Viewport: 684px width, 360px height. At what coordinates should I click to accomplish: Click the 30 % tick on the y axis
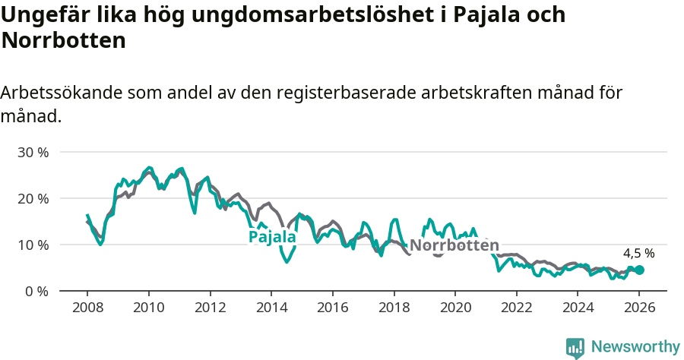coord(33,152)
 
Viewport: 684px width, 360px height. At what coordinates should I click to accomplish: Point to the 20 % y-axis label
coord(33,198)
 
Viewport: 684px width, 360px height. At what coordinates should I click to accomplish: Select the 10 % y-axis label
coord(33,245)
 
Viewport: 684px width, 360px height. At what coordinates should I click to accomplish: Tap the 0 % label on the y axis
coord(36,291)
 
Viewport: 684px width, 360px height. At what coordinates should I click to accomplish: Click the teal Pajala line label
coord(272,237)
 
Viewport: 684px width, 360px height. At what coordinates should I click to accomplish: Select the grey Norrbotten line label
coord(454,245)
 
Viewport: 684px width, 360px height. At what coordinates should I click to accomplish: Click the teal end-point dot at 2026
coord(639,270)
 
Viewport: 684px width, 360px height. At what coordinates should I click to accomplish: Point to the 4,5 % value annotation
coord(638,253)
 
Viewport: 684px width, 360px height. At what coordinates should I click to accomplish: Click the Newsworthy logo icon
coord(575,347)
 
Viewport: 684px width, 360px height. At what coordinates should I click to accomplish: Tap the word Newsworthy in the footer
coord(635,347)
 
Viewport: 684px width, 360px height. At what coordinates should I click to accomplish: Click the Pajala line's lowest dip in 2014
coord(287,262)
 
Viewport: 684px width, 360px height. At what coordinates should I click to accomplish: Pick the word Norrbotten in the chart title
coord(63,40)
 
